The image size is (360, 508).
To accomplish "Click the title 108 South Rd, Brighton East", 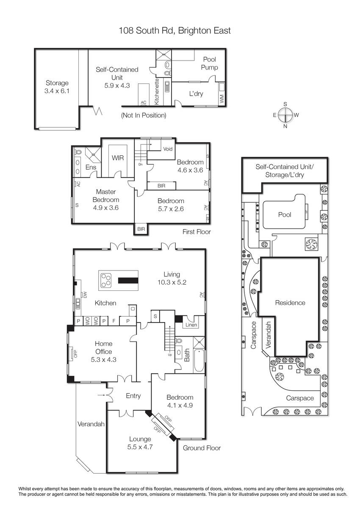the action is coord(174,30).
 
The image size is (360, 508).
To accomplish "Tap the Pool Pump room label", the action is coord(209,63).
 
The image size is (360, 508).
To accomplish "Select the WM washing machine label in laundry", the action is coord(222,99).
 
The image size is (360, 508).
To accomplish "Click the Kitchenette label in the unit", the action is coord(157,91).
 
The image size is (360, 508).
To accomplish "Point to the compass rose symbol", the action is coord(285,115).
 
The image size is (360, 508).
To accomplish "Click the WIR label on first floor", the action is coord(118,157).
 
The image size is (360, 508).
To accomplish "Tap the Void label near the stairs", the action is coord(168,149).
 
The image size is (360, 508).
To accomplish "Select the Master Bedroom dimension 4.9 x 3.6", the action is coord(106,208).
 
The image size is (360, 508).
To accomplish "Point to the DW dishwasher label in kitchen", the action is coord(85,295).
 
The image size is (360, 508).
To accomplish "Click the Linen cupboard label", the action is coord(191,325).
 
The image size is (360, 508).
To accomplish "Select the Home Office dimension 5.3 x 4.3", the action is coord(103,359).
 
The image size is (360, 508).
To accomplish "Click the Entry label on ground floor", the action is coord(133,396).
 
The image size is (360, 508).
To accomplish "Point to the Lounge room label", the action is coord(140,439).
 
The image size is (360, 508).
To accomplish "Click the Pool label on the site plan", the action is coord(285,215).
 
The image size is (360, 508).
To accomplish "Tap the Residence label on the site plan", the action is coord(290,303).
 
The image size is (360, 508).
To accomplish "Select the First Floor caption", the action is coord(197,232).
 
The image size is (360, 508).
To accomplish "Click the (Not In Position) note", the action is coord(144,115).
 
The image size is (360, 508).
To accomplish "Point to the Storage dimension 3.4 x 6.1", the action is coord(57,91).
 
